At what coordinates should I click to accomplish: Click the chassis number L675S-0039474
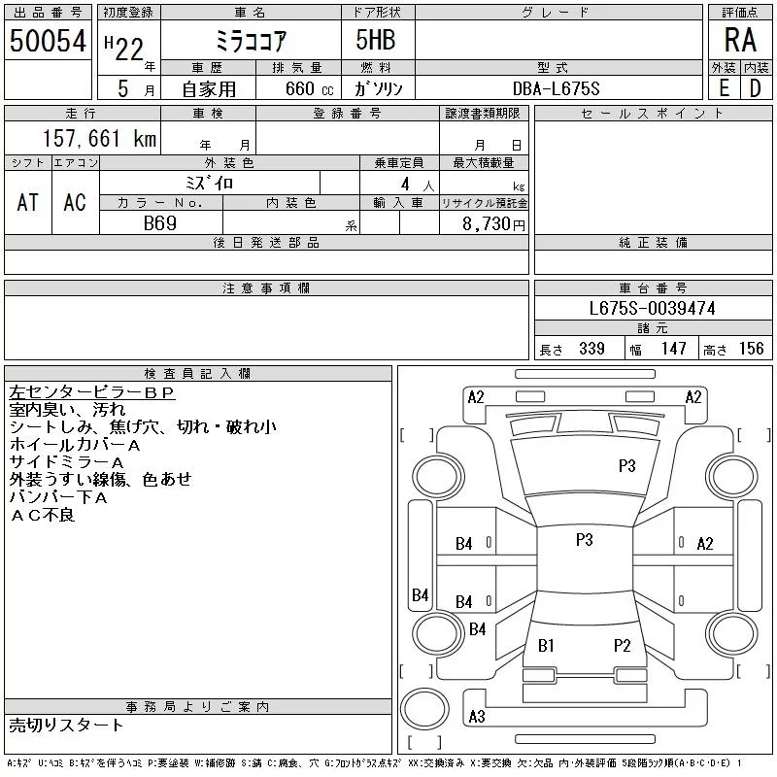[x=653, y=308]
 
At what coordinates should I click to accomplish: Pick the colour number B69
[x=160, y=223]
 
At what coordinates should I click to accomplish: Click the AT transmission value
[x=28, y=202]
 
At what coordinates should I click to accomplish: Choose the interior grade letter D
[x=755, y=88]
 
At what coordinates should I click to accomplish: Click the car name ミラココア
[x=250, y=40]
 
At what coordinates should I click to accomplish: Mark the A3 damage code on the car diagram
[x=476, y=717]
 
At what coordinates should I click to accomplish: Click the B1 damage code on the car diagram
[x=546, y=645]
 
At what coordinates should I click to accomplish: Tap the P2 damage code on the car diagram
[x=622, y=645]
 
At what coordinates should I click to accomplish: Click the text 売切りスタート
[x=66, y=725]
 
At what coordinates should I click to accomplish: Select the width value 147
[x=671, y=349]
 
